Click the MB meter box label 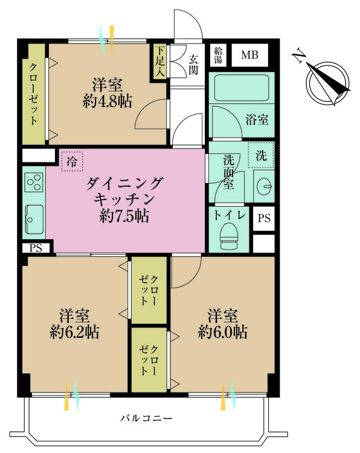[x=249, y=56]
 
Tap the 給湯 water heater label [x=217, y=56]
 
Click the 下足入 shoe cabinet [x=159, y=60]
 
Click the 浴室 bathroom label [x=257, y=120]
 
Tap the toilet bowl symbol [x=228, y=236]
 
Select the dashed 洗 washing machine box [x=261, y=155]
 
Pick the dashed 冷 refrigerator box [x=72, y=161]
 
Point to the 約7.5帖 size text [x=125, y=215]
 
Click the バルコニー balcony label [x=146, y=418]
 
